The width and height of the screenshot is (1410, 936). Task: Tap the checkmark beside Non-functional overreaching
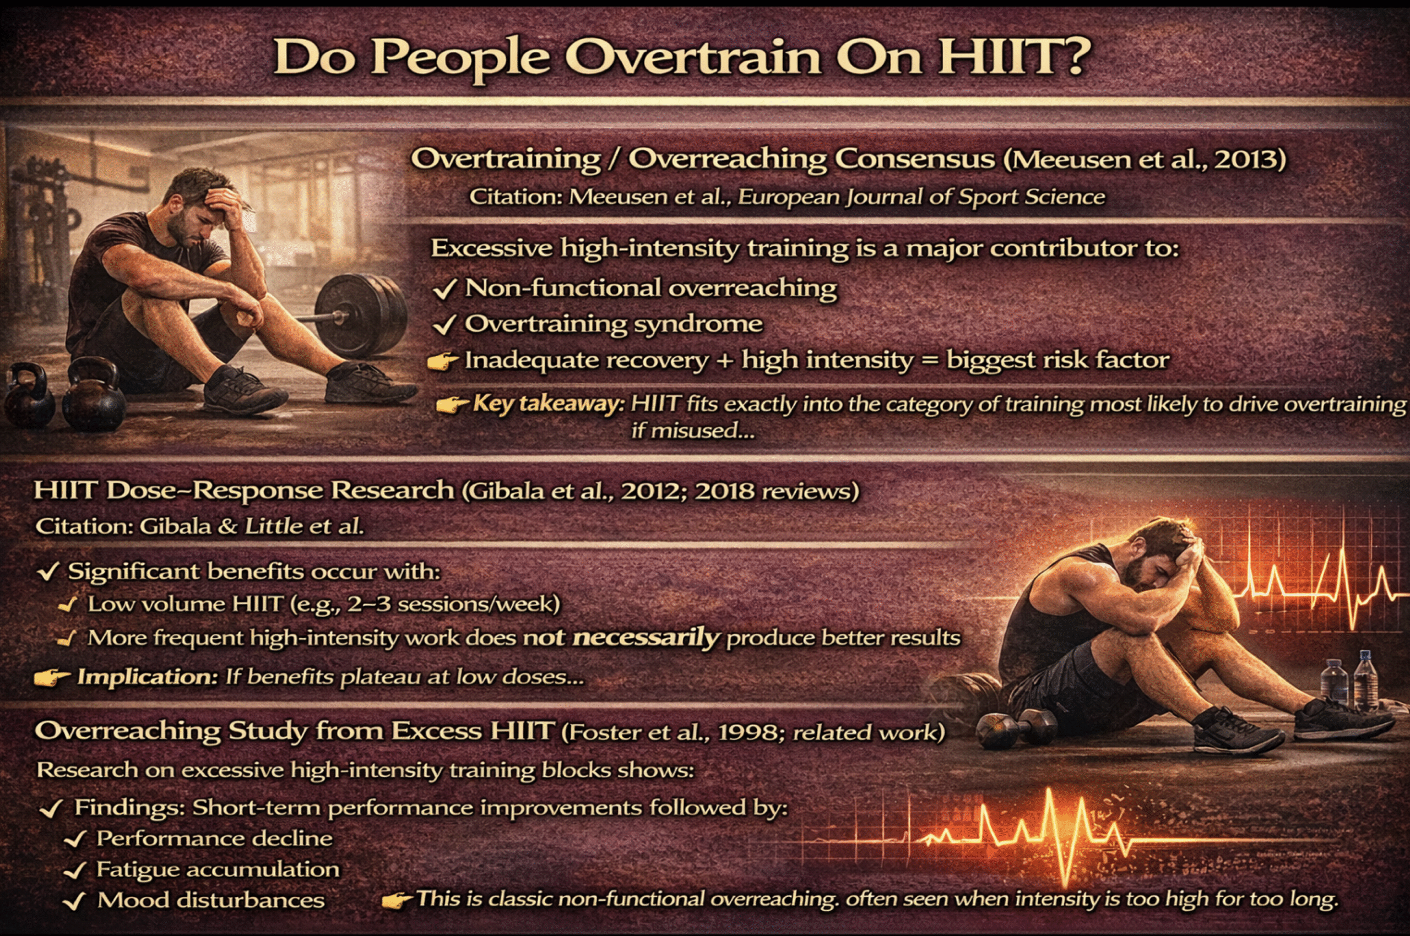444,290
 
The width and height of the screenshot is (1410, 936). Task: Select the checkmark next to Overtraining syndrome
444,325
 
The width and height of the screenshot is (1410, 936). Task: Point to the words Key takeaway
548,404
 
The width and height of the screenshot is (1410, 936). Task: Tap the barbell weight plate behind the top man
361,314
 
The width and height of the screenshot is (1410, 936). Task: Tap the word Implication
148,677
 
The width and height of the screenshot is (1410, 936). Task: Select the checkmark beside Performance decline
75,840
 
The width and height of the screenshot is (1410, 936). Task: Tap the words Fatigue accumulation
218,870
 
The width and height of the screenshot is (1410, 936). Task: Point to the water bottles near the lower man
1349,681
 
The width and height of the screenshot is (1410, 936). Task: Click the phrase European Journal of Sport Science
921,197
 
